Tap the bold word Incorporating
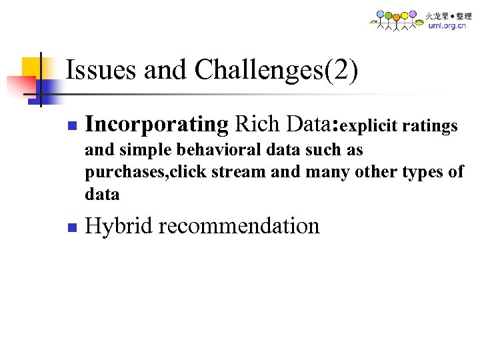click(157, 125)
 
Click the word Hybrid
click(120, 226)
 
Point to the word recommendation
click(239, 226)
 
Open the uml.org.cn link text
click(447, 26)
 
